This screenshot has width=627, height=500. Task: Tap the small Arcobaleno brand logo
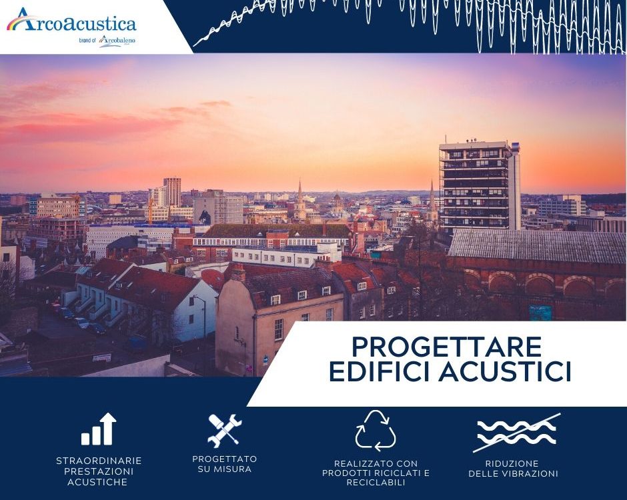117,41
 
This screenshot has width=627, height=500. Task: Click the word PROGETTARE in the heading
447,347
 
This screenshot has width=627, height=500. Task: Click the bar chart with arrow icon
99,429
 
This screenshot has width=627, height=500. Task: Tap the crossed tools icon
224,430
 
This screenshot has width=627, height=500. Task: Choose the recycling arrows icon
376,430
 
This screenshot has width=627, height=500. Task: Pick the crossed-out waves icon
517,433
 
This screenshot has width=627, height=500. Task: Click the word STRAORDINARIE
99,461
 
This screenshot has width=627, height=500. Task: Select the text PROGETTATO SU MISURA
224,464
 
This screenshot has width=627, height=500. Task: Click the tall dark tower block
480,186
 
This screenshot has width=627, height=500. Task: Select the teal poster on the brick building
540,313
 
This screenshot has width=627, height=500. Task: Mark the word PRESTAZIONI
99,471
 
